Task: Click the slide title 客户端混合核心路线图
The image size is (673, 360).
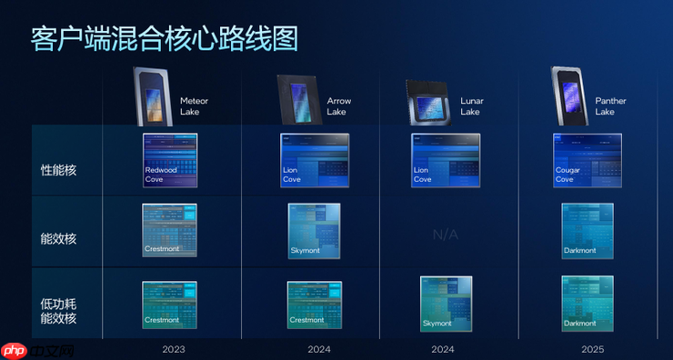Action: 164,37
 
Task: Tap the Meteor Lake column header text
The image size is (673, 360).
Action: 194,105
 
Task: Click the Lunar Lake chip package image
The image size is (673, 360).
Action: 430,102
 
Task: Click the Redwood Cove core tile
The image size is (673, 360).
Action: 169,160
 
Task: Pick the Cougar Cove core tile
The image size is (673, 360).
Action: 588,160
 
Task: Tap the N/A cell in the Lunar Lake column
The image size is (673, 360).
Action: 446,234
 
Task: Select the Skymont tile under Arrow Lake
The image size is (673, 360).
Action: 314,230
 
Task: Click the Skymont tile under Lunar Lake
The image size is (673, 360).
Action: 446,301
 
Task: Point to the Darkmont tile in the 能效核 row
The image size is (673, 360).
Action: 588,230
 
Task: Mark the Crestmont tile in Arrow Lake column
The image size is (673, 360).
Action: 314,304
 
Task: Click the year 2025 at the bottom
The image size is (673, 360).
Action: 591,348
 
